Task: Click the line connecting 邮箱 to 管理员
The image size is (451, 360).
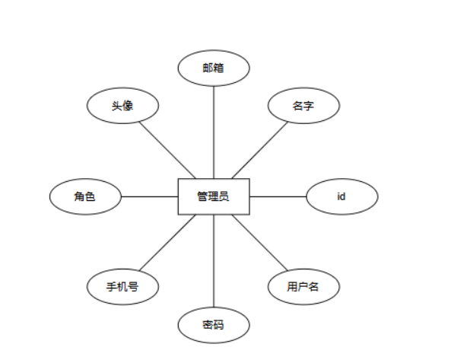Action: pyautogui.click(x=214, y=132)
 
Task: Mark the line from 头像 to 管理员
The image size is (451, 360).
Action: pyautogui.click(x=167, y=150)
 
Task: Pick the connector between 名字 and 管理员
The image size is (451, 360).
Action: pyautogui.click(x=260, y=150)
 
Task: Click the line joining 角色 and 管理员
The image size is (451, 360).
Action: pyautogui.click(x=150, y=196)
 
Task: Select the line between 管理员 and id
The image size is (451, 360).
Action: pyautogui.click(x=278, y=196)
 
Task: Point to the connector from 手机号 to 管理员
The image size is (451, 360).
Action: pyautogui.click(x=167, y=243)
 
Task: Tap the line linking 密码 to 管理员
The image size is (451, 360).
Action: pyautogui.click(x=214, y=261)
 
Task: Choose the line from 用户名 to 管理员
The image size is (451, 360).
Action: pyautogui.click(x=260, y=243)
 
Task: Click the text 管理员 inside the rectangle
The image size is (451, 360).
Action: pyautogui.click(x=213, y=196)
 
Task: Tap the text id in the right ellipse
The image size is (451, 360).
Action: pyautogui.click(x=341, y=196)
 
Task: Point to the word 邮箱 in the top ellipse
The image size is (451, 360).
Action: pyautogui.click(x=213, y=68)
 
